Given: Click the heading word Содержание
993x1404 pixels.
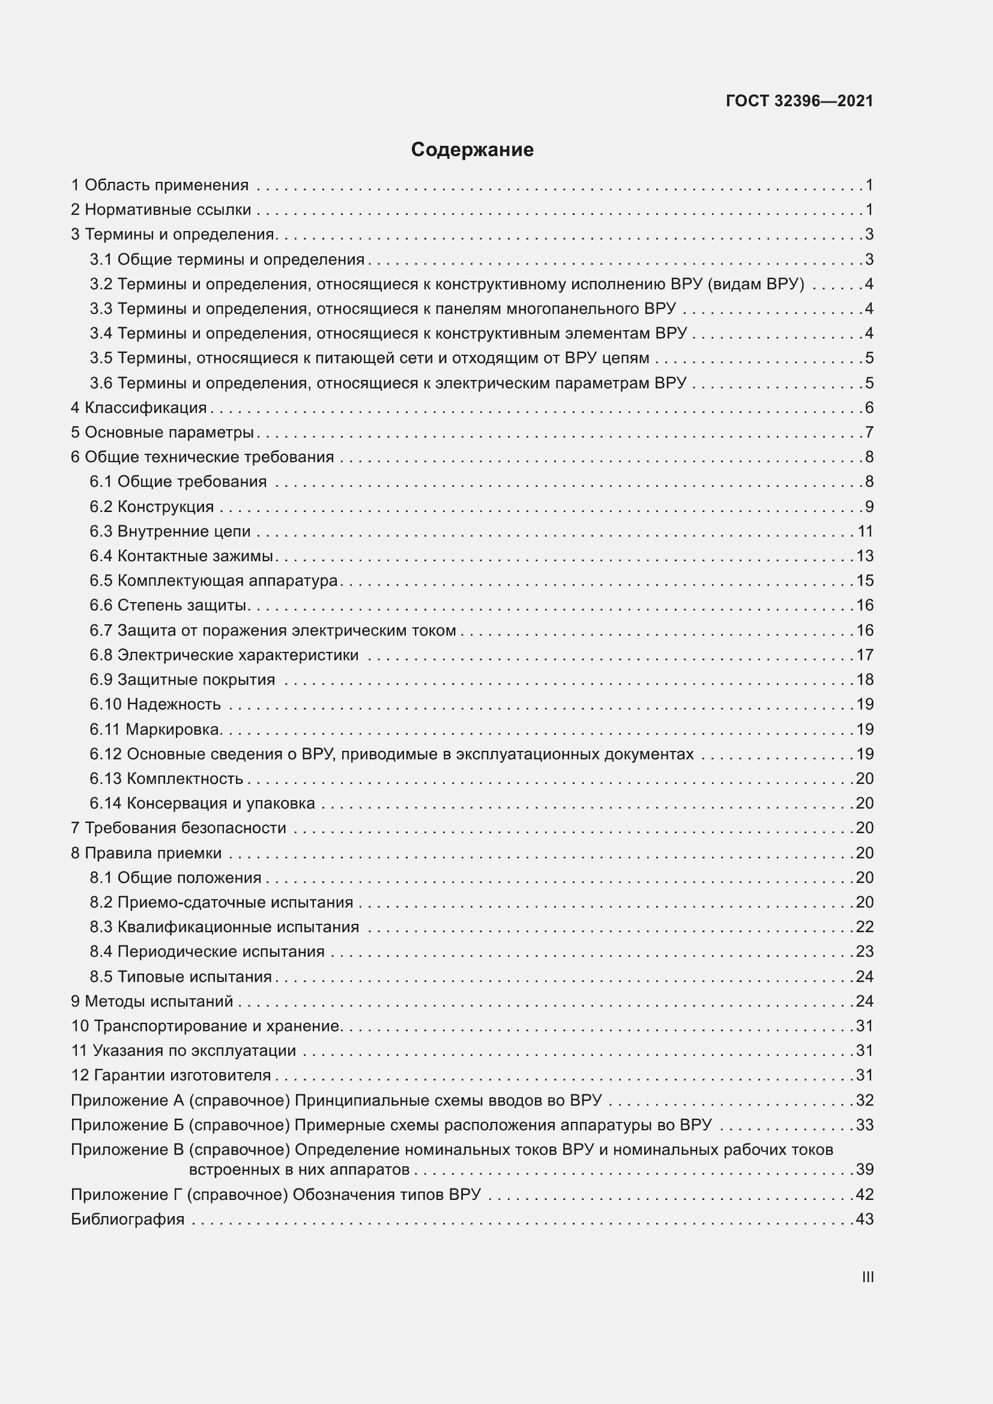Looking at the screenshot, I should [x=472, y=150].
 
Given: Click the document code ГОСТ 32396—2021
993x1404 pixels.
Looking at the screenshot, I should [x=799, y=101].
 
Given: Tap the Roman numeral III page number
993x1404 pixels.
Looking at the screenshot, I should [x=867, y=1277].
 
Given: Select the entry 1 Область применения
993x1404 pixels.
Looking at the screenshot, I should [x=160, y=185].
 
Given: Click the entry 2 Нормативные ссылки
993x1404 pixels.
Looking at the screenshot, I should [x=161, y=209].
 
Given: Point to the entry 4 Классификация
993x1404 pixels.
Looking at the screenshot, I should [x=139, y=407].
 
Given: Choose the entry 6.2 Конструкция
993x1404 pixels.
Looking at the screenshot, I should [x=152, y=507].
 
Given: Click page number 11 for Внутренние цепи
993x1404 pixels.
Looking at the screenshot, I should [x=865, y=531].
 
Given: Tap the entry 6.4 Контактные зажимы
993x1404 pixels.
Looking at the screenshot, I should [x=181, y=556].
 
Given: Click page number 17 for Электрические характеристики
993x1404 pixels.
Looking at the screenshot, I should [x=865, y=655].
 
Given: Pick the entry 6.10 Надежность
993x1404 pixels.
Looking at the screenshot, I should [x=155, y=704].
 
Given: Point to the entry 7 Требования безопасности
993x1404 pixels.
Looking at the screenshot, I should [x=178, y=827].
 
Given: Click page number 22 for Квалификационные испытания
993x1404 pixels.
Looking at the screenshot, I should [x=865, y=926].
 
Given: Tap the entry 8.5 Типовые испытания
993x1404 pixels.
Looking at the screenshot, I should [x=180, y=977].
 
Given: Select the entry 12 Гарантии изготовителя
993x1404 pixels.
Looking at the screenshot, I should [x=171, y=1075].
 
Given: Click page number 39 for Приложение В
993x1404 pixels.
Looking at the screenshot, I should [x=865, y=1169].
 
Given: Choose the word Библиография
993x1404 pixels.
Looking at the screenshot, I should [x=128, y=1219].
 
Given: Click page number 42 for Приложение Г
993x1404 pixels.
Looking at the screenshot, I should [x=865, y=1195].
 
